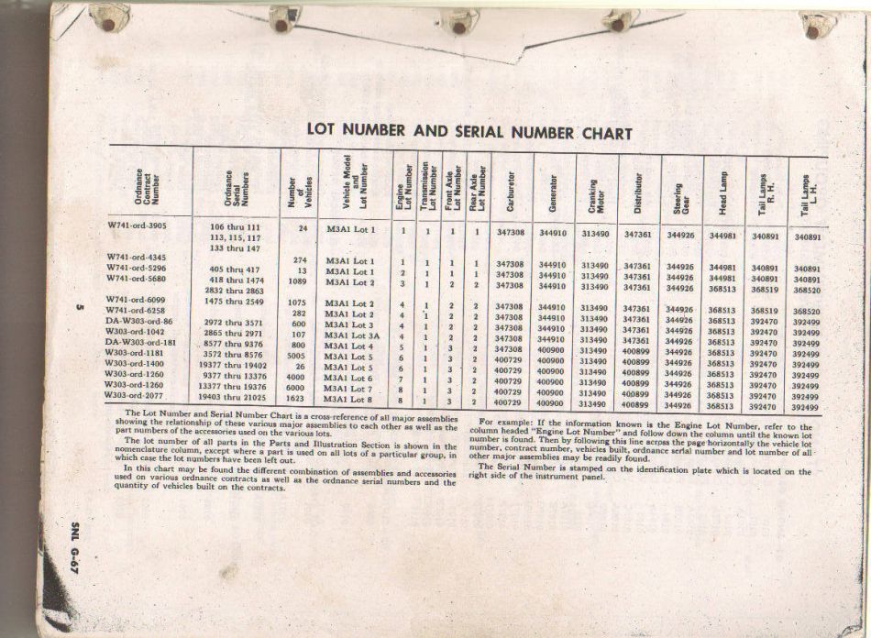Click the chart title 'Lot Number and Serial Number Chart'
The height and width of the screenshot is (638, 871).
469,131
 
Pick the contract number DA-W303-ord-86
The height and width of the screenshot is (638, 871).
144,323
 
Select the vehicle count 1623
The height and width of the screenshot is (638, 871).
295,400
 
